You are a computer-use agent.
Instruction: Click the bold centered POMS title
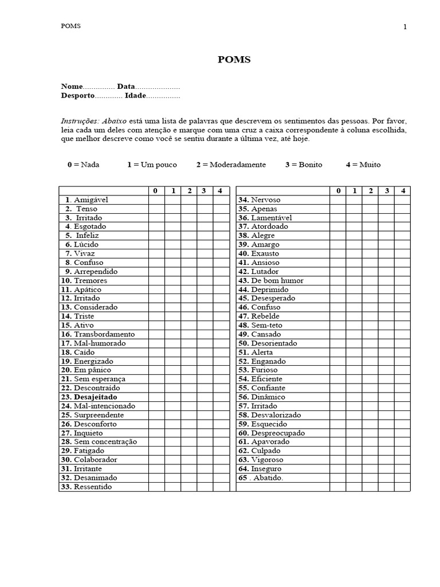pos(234,59)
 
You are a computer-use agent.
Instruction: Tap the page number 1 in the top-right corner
pos(405,27)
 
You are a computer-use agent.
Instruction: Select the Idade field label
pos(135,96)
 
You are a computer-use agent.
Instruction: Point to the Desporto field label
pos(77,96)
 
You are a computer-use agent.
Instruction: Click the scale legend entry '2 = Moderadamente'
pos(231,165)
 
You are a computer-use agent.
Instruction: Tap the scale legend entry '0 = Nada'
pos(83,165)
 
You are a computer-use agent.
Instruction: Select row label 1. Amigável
pos(87,200)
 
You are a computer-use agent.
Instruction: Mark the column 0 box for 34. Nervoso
pos(337,200)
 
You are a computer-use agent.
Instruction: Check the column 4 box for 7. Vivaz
pos(221,253)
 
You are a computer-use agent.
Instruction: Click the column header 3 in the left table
pos(205,191)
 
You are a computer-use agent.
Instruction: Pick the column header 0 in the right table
pos(337,191)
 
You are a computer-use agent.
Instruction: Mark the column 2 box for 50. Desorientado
pos(370,343)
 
